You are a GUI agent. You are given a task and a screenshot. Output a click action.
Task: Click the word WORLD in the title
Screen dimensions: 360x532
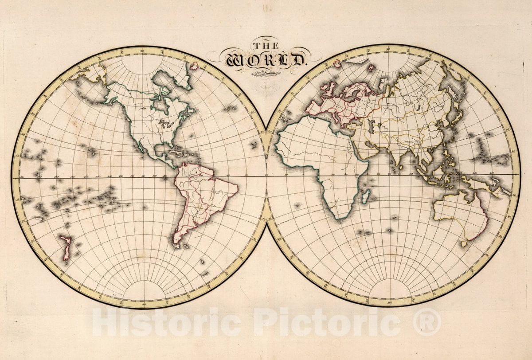tap(266, 59)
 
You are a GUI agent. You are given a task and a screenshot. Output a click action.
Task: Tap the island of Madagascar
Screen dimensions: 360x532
tap(366, 196)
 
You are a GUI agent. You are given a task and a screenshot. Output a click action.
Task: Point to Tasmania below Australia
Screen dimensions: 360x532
tap(464, 243)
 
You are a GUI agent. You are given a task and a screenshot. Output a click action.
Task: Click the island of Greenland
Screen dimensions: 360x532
tap(171, 80)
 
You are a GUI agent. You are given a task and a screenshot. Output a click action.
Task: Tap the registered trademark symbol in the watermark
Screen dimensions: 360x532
tap(427, 322)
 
